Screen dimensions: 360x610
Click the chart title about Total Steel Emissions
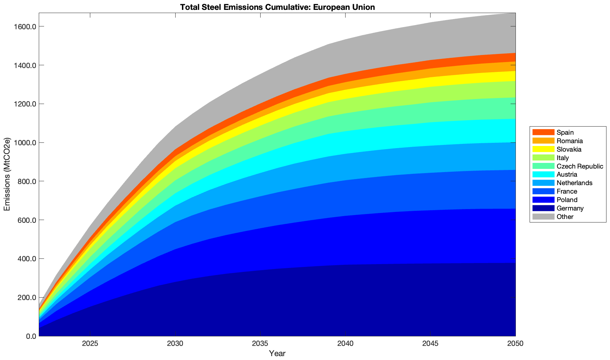pyautogui.click(x=277, y=7)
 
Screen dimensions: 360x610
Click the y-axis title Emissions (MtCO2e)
pyautogui.click(x=7, y=175)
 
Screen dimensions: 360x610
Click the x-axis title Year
pyautogui.click(x=277, y=353)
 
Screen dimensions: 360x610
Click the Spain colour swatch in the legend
pyautogui.click(x=543, y=133)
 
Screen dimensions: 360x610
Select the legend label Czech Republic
pyautogui.click(x=580, y=166)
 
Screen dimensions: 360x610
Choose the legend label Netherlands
pyautogui.click(x=574, y=183)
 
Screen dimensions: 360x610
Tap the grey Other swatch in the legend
pyautogui.click(x=543, y=217)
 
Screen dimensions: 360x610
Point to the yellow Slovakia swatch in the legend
pyautogui.click(x=543, y=150)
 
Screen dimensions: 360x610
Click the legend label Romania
pyautogui.click(x=569, y=141)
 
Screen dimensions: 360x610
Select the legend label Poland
pyautogui.click(x=567, y=200)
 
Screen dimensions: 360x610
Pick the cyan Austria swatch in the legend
pyautogui.click(x=543, y=175)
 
